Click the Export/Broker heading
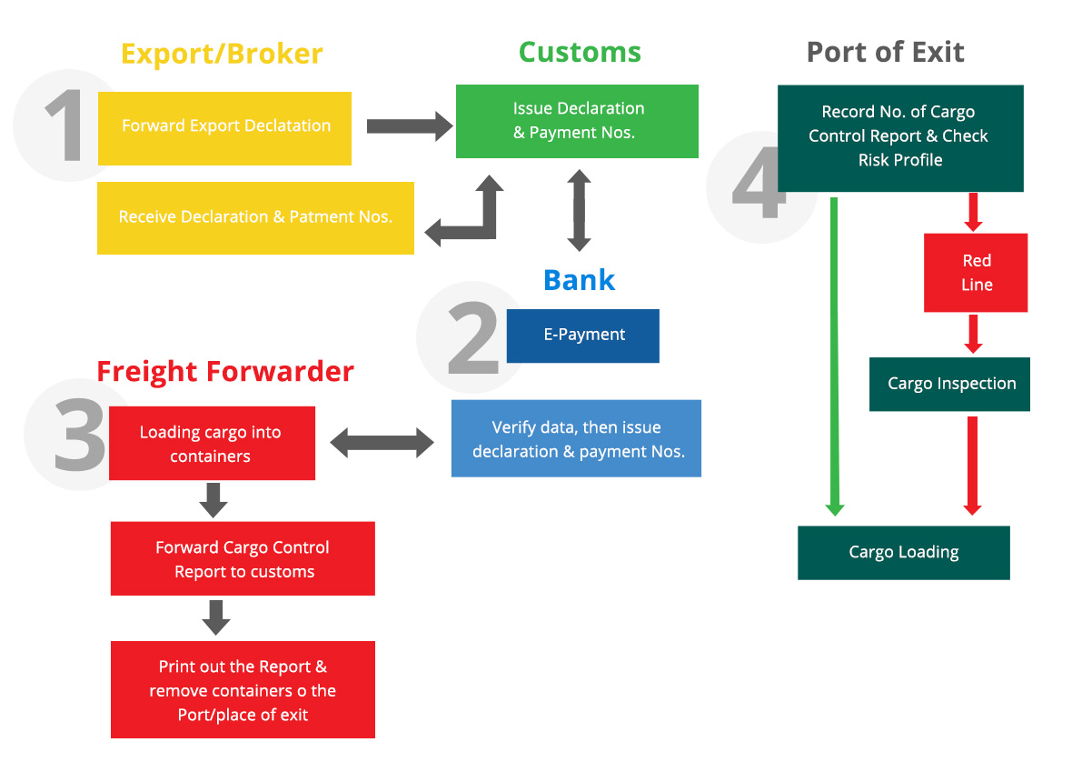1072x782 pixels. tap(222, 54)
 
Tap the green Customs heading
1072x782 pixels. tap(580, 52)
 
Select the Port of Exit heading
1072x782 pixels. tap(886, 52)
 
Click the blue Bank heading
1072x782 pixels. tap(579, 280)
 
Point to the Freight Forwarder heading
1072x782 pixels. tap(225, 372)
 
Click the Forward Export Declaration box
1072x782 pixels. tap(225, 128)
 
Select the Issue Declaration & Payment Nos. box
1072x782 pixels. tap(577, 121)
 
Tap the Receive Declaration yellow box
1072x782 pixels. tap(255, 218)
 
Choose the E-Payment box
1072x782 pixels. tap(583, 336)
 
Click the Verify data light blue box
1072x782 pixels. tap(576, 438)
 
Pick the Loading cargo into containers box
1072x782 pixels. tap(212, 444)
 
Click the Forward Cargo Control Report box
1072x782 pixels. tap(243, 559)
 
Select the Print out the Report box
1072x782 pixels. tap(243, 689)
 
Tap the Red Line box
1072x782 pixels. tap(976, 273)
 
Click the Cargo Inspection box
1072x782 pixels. tap(949, 385)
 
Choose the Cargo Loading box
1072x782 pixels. tap(904, 553)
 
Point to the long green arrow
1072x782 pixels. tap(834, 356)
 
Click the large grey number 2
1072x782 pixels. tap(473, 338)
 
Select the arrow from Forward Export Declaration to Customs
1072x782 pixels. tap(410, 126)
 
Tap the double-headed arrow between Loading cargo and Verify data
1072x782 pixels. tap(382, 443)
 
